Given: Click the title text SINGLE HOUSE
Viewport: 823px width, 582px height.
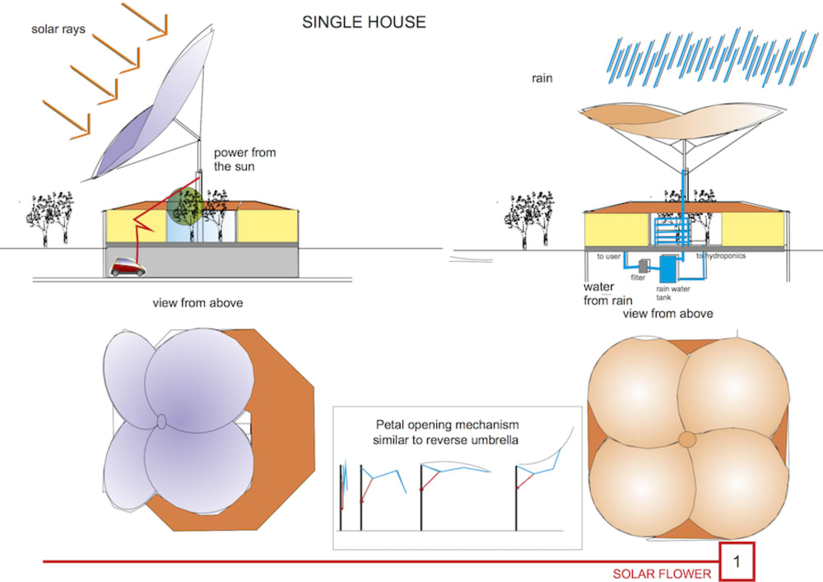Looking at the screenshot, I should tap(364, 22).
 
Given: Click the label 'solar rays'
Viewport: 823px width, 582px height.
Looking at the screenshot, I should tap(58, 30).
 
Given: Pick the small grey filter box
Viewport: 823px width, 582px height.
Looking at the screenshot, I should tap(643, 265).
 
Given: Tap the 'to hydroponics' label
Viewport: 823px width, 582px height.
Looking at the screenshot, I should tap(722, 256).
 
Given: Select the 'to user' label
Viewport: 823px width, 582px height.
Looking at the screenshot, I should tap(608, 256).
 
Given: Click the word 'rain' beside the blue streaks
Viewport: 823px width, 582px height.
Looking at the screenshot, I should tap(542, 79).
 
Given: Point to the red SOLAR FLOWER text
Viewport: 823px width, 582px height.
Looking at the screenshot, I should tap(662, 574).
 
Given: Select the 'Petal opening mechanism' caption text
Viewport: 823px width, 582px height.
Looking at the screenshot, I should tap(447, 433).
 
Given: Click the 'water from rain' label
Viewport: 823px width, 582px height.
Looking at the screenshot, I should tap(607, 294).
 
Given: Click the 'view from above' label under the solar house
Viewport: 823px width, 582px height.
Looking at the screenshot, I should tap(198, 303).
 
